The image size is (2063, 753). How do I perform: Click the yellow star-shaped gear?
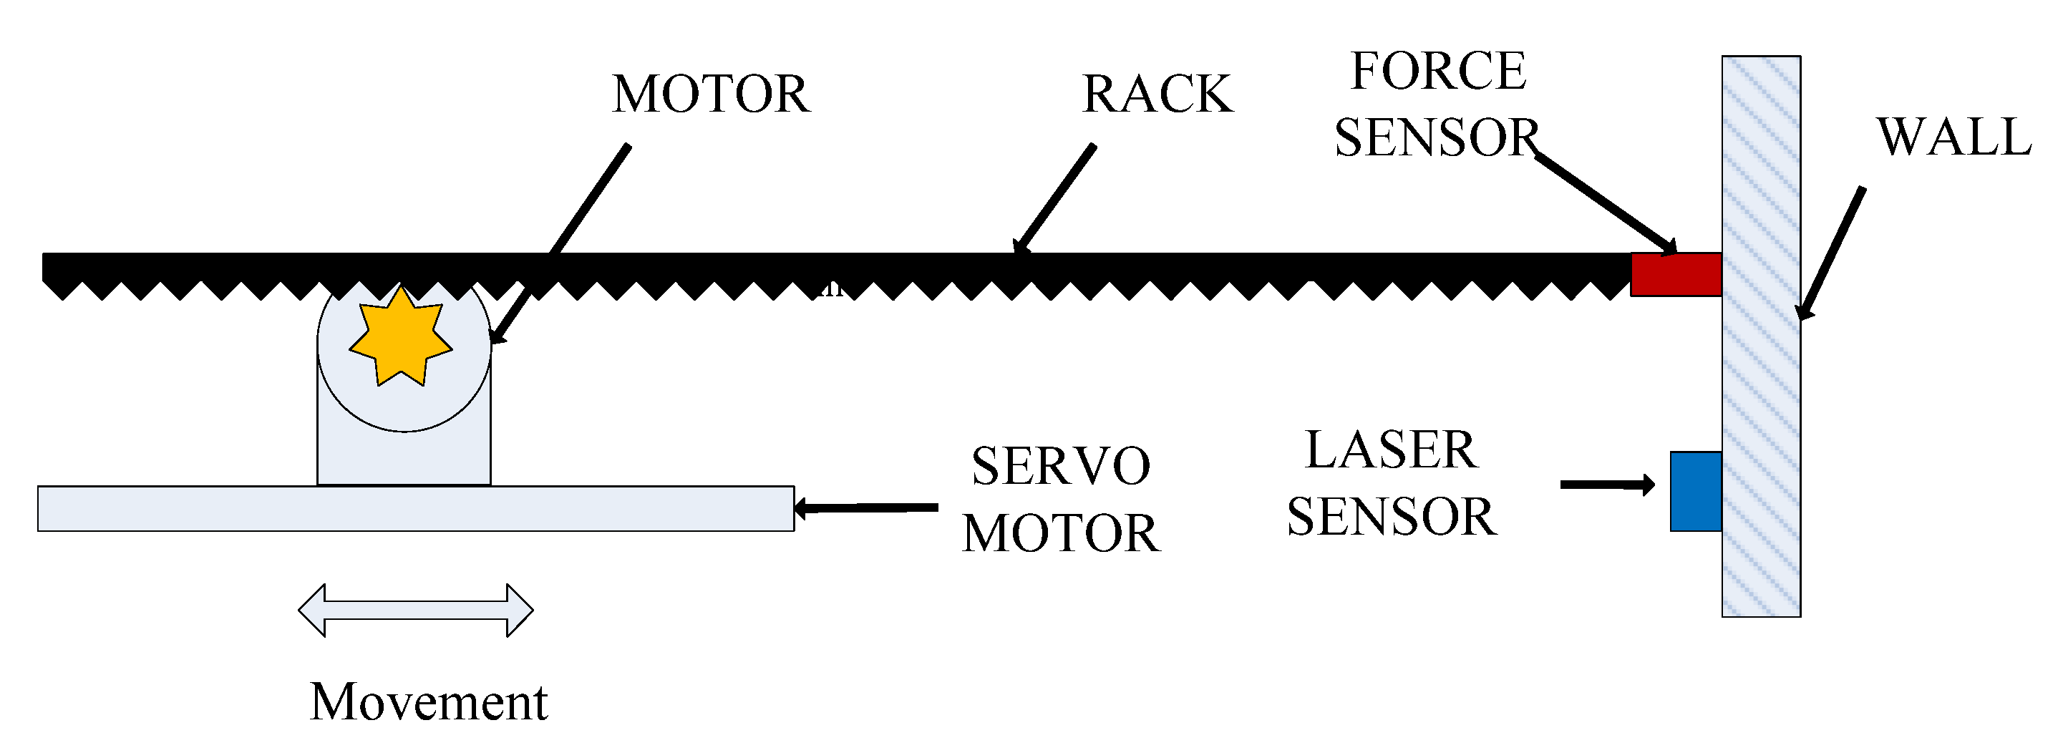tap(400, 338)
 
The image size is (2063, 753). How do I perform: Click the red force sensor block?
tap(1676, 275)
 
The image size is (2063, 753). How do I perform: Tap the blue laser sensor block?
tap(1695, 491)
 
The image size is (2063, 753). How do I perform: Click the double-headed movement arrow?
tap(416, 611)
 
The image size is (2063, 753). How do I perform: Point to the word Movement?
tap(429, 702)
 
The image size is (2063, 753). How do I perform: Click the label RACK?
tap(1157, 94)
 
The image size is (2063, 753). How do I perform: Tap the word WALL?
tap(1953, 137)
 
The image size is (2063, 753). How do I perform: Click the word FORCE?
tap(1438, 72)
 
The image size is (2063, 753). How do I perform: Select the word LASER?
tap(1391, 450)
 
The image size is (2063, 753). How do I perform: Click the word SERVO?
tap(1060, 467)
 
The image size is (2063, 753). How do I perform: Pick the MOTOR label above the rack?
tap(710, 94)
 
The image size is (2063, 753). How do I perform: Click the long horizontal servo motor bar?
tap(416, 509)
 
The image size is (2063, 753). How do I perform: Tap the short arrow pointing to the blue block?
tap(1606, 485)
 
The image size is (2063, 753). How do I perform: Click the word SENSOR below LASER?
tap(1391, 518)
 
